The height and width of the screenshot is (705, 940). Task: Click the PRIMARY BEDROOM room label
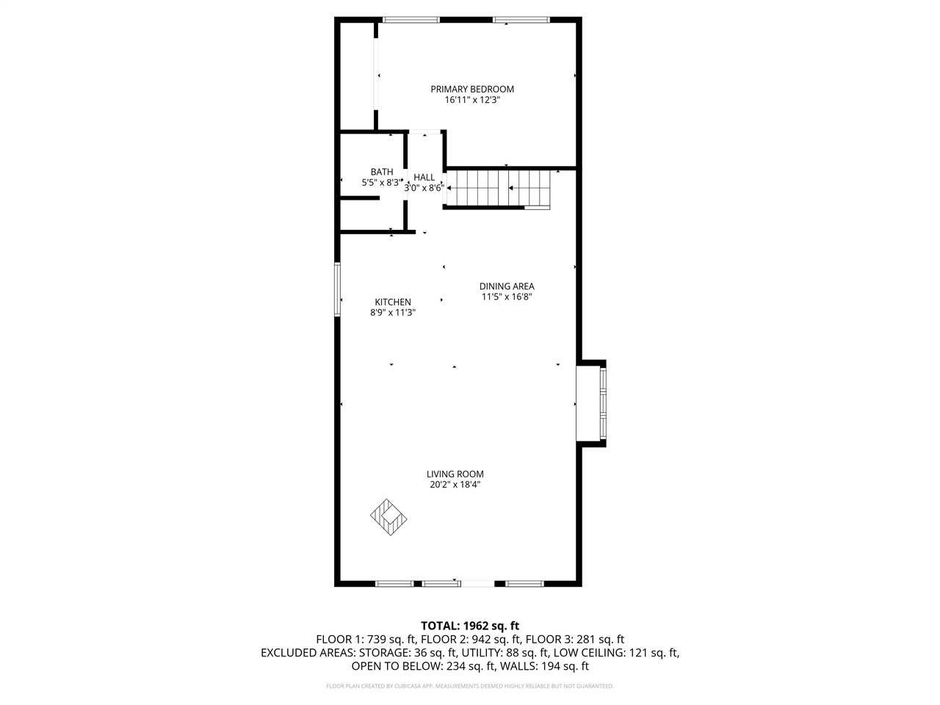[471, 89]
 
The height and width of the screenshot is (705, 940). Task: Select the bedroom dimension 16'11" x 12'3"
[471, 100]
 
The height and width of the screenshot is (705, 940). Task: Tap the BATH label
[381, 172]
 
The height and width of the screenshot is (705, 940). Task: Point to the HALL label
[424, 177]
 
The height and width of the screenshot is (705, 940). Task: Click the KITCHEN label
[393, 302]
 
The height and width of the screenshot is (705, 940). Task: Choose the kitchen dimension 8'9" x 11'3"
[393, 312]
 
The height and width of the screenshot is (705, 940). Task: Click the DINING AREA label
[507, 286]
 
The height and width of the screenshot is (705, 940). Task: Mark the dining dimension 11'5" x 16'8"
[507, 297]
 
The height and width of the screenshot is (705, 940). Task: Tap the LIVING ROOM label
[455, 474]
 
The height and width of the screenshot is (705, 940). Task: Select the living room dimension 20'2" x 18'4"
[455, 485]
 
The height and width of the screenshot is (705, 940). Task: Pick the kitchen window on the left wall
[338, 290]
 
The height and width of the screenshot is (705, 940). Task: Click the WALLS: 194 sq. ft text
[545, 667]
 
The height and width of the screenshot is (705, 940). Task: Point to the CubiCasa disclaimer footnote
[469, 686]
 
